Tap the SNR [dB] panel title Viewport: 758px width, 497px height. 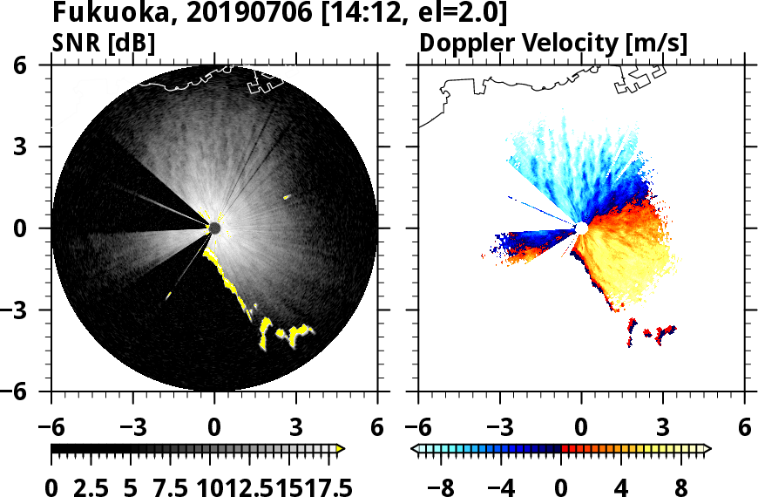point(104,42)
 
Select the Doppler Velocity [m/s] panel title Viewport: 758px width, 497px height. point(554,42)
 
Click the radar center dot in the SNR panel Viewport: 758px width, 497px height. point(215,228)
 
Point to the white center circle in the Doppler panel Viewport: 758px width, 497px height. point(581,228)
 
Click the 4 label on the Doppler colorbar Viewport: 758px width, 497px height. point(622,485)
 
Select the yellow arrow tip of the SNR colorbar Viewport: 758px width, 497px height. point(341,449)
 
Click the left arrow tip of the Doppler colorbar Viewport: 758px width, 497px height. point(416,449)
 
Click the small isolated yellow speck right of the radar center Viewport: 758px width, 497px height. point(287,197)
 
